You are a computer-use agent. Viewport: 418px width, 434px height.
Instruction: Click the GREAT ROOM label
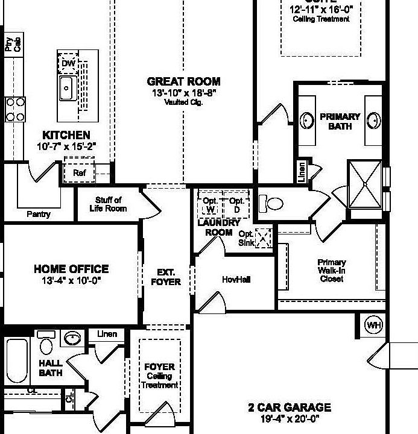[183, 81]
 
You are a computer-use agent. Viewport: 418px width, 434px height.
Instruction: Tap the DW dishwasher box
[67, 63]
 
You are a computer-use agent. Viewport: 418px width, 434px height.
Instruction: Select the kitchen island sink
[66, 89]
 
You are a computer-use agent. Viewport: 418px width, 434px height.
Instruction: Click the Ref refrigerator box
[79, 173]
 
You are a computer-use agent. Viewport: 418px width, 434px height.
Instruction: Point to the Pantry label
[39, 214]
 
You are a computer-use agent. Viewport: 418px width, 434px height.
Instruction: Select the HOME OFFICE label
[71, 269]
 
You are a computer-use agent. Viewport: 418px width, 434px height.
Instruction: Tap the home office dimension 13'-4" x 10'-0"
[71, 280]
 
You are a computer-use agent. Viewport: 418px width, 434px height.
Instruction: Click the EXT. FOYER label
[165, 277]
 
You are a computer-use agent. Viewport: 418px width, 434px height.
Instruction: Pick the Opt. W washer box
[211, 205]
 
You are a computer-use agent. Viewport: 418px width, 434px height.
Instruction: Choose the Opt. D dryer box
[236, 205]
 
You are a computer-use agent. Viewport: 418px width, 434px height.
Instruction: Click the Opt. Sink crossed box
[264, 239]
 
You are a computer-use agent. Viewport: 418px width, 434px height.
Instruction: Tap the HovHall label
[236, 280]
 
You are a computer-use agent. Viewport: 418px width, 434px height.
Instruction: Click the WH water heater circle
[374, 325]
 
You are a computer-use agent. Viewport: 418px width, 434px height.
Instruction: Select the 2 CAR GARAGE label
[290, 407]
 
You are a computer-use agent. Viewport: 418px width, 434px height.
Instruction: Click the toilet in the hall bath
[46, 345]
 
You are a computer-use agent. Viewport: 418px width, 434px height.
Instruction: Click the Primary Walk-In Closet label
[332, 270]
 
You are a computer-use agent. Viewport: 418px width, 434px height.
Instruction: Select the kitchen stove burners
[15, 109]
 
